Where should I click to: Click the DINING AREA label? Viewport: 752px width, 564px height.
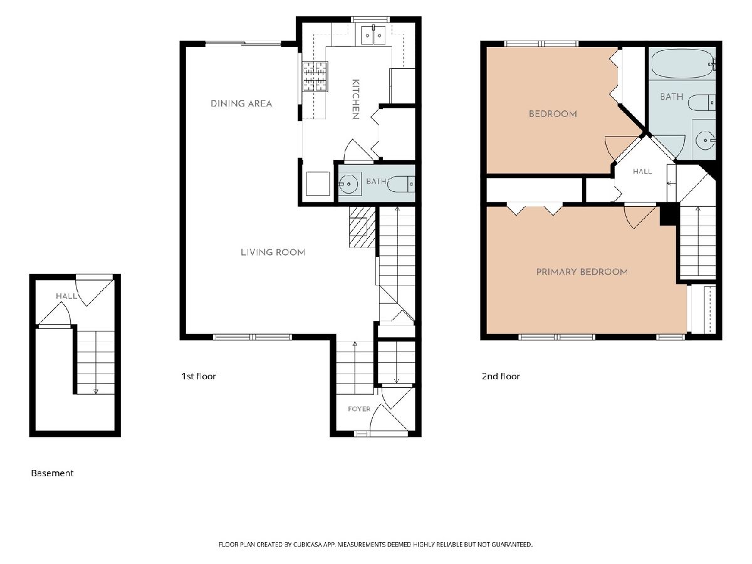point(241,103)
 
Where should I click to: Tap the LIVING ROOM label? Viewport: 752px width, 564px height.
point(273,253)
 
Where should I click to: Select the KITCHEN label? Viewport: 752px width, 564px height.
point(356,99)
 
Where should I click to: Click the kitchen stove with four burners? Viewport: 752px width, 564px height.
point(315,76)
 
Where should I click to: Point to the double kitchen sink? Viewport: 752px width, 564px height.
point(373,35)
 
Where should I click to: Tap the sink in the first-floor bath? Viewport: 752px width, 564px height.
point(349,184)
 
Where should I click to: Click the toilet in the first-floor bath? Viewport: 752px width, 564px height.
point(401,184)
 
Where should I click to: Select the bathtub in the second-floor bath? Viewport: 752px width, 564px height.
point(682,64)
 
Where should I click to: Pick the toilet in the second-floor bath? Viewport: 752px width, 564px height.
point(701,102)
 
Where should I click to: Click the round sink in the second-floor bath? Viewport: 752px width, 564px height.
point(705,140)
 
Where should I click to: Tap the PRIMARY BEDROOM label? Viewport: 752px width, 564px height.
point(582,272)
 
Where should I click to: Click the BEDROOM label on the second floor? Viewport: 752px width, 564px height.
point(553,113)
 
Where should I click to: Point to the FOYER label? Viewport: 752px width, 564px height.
point(359,409)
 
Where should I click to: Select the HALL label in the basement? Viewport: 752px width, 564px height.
point(66,296)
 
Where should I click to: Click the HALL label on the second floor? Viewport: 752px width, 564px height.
point(642,171)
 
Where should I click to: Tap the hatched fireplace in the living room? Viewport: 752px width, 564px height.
point(362,227)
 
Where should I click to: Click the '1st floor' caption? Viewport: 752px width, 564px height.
point(199,377)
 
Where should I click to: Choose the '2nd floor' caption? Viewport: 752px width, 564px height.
point(501,377)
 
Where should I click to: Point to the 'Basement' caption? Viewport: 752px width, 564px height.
point(52,473)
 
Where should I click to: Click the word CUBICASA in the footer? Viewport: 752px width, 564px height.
point(307,545)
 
